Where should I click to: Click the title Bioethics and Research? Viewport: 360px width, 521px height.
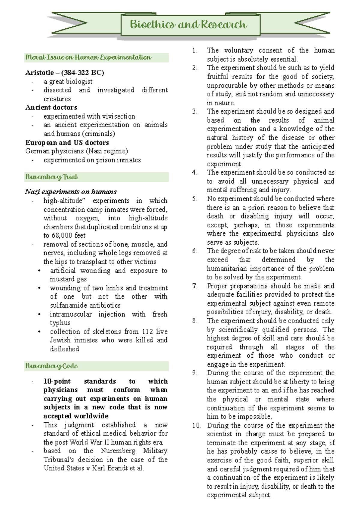[x=188, y=25]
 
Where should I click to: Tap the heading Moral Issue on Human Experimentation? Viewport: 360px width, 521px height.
[x=88, y=58]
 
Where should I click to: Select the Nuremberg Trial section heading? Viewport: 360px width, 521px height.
[x=52, y=177]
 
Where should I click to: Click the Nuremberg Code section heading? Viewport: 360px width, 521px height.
[x=52, y=366]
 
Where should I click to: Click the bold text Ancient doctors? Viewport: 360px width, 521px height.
[x=51, y=107]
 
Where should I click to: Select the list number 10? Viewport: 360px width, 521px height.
[x=197, y=425]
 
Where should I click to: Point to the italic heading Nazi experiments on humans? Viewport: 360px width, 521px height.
[x=71, y=192]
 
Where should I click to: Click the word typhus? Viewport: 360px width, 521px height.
[x=60, y=323]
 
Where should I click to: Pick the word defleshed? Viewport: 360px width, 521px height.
[x=64, y=349]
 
